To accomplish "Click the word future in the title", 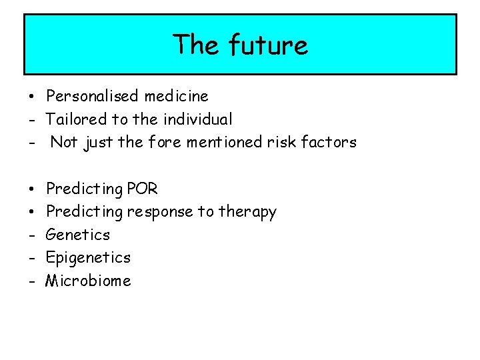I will pyautogui.click(x=268, y=45).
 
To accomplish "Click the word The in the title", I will pyautogui.click(x=197, y=45).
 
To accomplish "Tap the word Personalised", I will pyautogui.click(x=93, y=97).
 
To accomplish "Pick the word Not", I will pyautogui.click(x=64, y=142).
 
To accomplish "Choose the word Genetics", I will pyautogui.click(x=78, y=235).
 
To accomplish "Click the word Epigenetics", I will pyautogui.click(x=88, y=258).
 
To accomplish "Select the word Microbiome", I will pyautogui.click(x=88, y=281).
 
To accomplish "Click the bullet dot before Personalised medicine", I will pyautogui.click(x=31, y=97).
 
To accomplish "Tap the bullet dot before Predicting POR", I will pyautogui.click(x=31, y=189).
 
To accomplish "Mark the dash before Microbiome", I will pyautogui.click(x=31, y=281).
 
